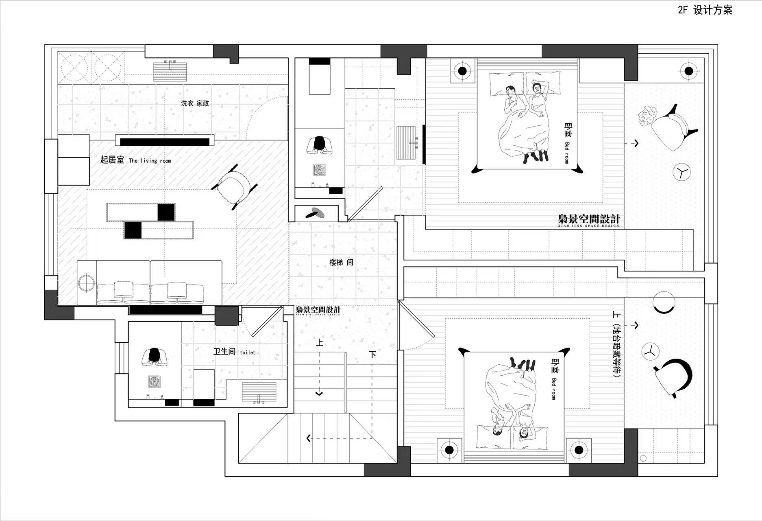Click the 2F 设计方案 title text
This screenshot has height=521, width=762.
705,10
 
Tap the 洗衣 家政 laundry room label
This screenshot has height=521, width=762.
195,103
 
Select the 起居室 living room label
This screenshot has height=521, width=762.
136,160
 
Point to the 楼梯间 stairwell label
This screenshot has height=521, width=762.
342,263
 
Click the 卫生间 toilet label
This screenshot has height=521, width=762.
235,351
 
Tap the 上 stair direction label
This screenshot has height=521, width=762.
320,343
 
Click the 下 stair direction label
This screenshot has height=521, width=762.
372,355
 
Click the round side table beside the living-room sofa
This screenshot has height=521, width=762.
86,283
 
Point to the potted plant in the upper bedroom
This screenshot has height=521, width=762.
647,116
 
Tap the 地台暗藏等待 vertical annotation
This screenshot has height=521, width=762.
616,344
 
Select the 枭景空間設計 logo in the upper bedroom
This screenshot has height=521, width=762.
589,220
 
